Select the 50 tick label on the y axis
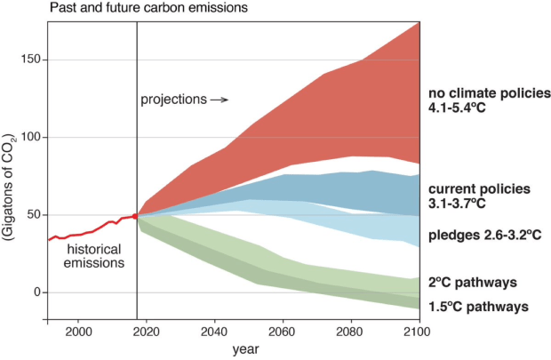[x=28, y=215]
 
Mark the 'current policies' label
[x=479, y=189]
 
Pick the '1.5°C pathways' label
[x=478, y=306]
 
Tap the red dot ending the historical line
[x=136, y=216]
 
